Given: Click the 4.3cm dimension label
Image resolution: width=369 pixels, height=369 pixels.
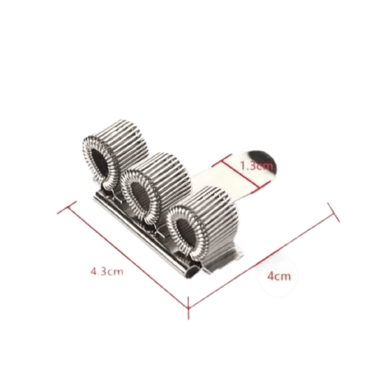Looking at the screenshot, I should pos(106,271).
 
